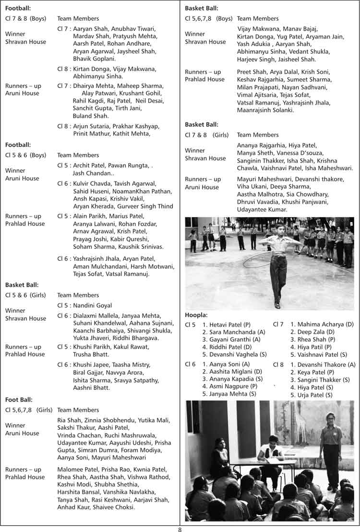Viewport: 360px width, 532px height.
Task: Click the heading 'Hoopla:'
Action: [x=196, y=315]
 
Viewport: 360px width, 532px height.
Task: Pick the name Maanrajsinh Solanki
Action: [x=265, y=110]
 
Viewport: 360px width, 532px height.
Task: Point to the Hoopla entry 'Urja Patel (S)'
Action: [x=314, y=395]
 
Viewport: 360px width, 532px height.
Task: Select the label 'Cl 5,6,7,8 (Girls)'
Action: [x=28, y=410]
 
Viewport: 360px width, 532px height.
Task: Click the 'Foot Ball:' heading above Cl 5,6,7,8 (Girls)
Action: [x=19, y=399]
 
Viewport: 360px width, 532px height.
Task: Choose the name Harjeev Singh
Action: [x=257, y=60]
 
